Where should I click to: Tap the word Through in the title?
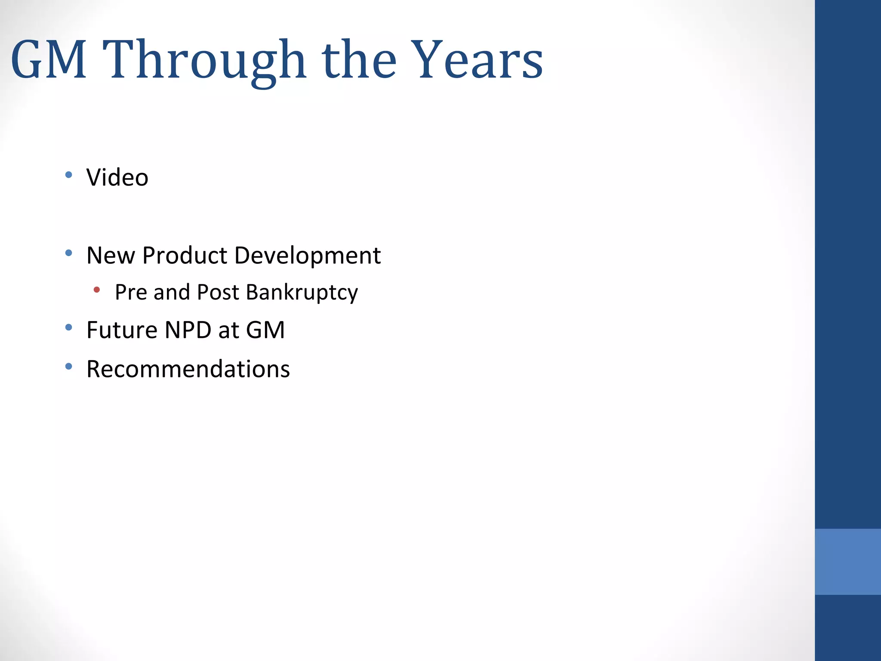click(x=204, y=60)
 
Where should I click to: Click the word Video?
click(x=117, y=177)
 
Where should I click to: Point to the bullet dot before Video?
click(x=69, y=175)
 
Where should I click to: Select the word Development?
click(x=308, y=256)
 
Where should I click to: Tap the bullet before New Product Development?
click(x=69, y=253)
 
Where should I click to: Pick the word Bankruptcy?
click(x=302, y=293)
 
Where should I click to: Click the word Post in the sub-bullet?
click(x=218, y=292)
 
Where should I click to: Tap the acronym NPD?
click(x=188, y=330)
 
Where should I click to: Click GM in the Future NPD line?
click(x=265, y=330)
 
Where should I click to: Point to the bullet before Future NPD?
click(x=69, y=327)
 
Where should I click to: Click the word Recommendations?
click(x=188, y=369)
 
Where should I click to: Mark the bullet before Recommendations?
click(x=69, y=367)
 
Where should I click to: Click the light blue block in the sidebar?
click(x=847, y=562)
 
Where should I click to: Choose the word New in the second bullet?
click(x=111, y=256)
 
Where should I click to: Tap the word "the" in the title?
click(x=359, y=60)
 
